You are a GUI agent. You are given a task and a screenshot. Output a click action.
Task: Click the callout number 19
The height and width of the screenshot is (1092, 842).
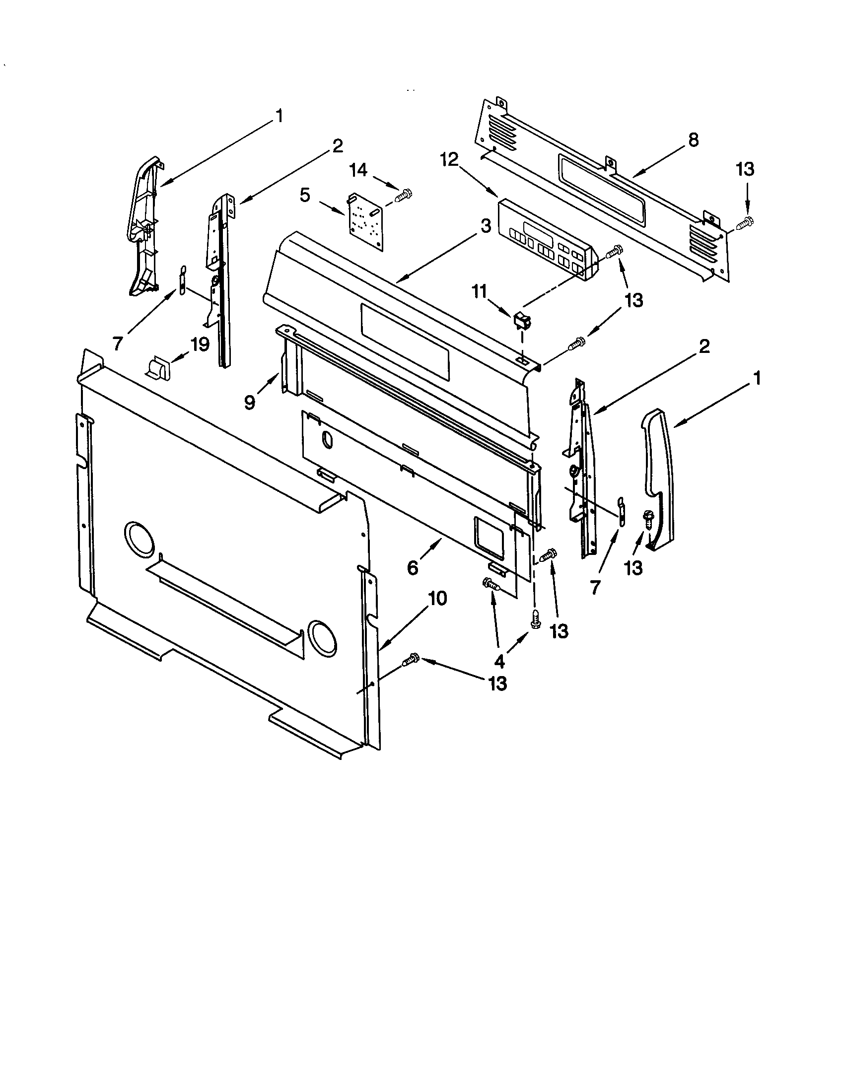[x=200, y=344]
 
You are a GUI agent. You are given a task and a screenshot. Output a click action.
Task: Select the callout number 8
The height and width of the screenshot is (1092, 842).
[x=693, y=140]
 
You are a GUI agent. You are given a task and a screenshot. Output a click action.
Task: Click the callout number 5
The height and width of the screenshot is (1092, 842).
[x=305, y=195]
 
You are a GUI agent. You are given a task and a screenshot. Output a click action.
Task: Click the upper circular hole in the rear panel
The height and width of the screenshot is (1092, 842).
[x=139, y=539]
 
